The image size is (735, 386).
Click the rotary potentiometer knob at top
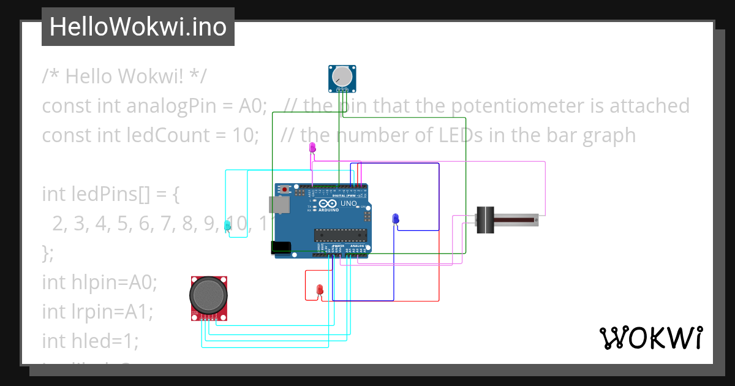click(342, 77)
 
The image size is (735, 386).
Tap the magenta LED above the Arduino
click(312, 148)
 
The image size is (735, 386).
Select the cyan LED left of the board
click(227, 225)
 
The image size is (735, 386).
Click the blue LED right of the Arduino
click(396, 219)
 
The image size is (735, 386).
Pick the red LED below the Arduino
click(319, 289)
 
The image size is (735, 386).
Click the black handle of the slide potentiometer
click(485, 220)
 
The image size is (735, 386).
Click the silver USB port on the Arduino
click(279, 205)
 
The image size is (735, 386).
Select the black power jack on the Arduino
click(281, 247)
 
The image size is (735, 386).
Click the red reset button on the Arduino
click(285, 191)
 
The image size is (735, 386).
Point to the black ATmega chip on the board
click(341, 234)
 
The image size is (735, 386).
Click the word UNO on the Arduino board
click(348, 203)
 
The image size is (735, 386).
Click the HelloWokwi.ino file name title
click(138, 27)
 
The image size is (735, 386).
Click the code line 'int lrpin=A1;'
click(97, 311)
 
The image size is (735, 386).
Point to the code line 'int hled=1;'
click(90, 340)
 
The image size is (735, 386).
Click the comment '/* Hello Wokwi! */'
click(124, 77)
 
